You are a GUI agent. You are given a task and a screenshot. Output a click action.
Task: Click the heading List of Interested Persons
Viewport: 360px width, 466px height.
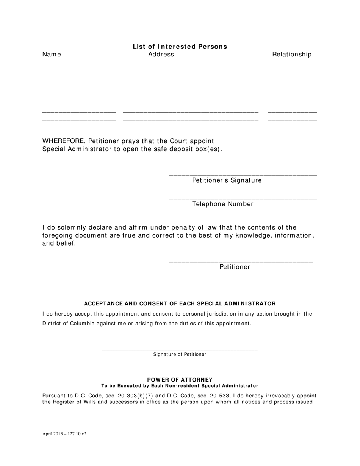[180, 47]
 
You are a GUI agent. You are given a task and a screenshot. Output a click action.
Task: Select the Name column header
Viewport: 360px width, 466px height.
[52, 55]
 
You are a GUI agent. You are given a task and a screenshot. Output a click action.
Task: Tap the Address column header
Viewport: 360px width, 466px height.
[161, 55]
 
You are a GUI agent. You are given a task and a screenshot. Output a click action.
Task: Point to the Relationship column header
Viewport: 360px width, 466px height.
[292, 55]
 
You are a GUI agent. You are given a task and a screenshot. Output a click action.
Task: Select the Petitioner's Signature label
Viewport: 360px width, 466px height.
[227, 180]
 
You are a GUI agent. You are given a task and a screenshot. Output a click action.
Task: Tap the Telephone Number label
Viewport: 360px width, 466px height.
[223, 204]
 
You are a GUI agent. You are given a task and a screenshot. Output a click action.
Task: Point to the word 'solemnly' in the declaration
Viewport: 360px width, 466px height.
[76, 228]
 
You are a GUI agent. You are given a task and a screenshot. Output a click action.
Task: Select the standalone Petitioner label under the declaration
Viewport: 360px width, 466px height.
[235, 267]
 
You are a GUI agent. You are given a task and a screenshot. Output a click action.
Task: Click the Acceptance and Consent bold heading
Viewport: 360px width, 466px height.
[180, 304]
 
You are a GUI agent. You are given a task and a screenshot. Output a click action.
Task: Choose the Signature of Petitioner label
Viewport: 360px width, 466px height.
[180, 355]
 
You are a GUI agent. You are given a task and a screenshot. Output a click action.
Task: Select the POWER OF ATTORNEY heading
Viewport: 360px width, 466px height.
[180, 380]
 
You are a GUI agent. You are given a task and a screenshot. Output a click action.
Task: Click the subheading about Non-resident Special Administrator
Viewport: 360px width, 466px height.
[180, 386]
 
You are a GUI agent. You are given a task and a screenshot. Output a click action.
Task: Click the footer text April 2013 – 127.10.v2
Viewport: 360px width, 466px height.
[64, 434]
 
